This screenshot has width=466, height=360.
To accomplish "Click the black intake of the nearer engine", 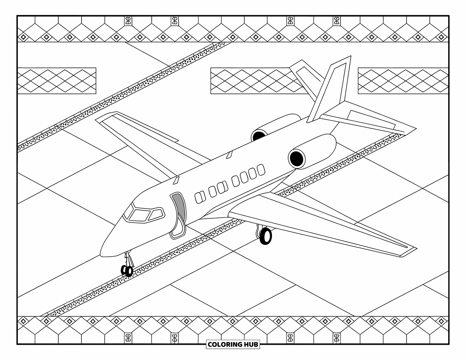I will (x=297, y=158).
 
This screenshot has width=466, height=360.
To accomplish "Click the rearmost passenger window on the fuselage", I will (x=261, y=170).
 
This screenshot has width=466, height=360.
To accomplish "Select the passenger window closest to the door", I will (x=200, y=197).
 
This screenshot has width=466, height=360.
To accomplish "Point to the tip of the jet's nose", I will (x=102, y=254).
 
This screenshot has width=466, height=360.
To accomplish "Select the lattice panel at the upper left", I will (x=56, y=81).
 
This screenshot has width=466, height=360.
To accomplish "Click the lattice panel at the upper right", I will (x=403, y=81).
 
